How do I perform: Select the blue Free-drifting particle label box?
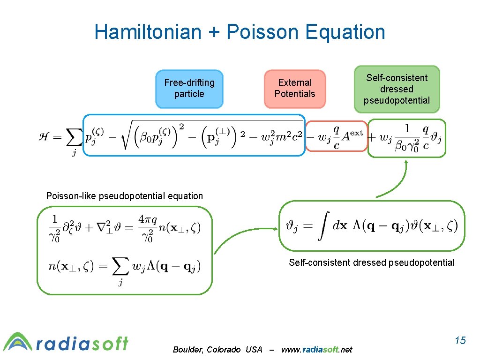pyautogui.click(x=189, y=89)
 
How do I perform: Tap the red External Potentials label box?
pyautogui.click(x=295, y=89)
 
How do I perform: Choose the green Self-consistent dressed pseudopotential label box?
pyautogui.click(x=397, y=89)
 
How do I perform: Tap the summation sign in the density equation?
pyautogui.click(x=120, y=268)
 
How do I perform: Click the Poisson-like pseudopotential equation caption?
pyautogui.click(x=125, y=196)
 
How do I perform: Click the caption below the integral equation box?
pyautogui.click(x=371, y=262)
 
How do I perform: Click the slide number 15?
pyautogui.click(x=460, y=340)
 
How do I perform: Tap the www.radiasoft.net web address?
pyautogui.click(x=316, y=350)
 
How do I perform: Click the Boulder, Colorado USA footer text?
pyautogui.click(x=217, y=350)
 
